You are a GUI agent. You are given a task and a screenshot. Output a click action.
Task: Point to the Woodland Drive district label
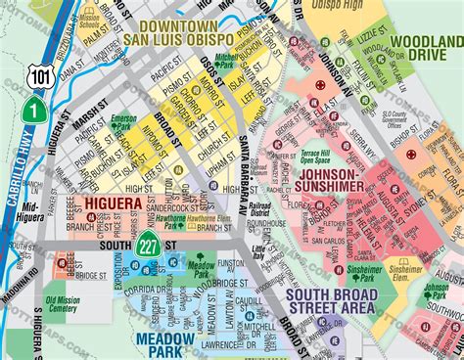pyautogui.click(x=426, y=48)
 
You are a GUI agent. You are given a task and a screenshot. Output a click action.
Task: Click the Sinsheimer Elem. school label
pyautogui.click(x=404, y=268)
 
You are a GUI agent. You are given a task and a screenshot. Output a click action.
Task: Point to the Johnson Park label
pyautogui.click(x=436, y=291)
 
